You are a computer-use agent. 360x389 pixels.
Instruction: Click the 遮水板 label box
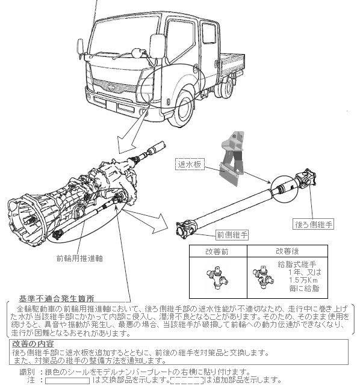190,164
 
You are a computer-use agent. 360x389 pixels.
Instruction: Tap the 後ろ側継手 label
314,224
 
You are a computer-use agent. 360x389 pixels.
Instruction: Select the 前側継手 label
232,234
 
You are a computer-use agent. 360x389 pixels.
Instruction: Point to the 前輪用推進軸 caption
79,259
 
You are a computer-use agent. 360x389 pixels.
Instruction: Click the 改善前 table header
217,251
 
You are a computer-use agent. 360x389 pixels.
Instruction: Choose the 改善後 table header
287,251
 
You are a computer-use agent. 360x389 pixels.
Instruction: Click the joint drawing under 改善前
217,278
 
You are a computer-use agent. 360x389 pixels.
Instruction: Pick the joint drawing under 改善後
264,277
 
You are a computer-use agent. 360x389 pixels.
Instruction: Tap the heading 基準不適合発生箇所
57,298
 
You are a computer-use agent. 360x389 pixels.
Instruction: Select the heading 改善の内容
33,344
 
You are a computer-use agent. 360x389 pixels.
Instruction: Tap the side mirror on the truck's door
157,46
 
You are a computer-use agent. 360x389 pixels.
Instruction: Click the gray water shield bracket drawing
232,159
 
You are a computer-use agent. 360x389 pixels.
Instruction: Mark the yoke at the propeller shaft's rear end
306,178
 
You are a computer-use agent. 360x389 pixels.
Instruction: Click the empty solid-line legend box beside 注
67,381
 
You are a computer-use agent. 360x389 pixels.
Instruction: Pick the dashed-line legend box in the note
187,381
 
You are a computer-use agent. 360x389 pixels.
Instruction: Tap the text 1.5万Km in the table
303,280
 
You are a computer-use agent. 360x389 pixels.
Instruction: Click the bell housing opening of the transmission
24,218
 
